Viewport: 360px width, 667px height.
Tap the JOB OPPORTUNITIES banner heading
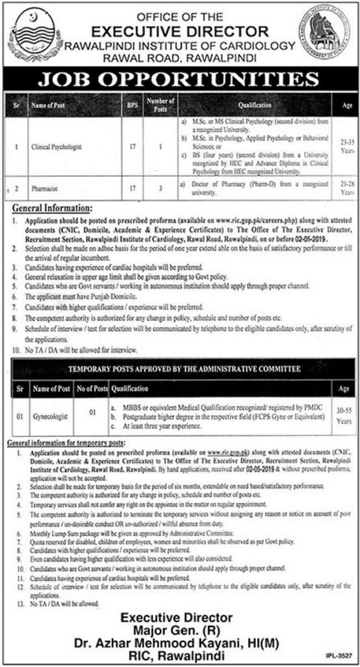179,81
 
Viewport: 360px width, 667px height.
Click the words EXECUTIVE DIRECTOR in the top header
180,30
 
